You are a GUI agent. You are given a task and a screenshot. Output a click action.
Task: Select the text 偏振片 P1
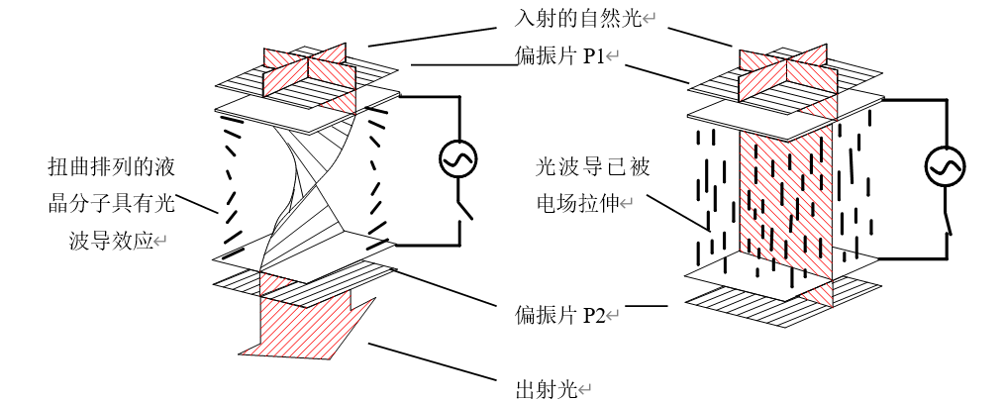coord(560,56)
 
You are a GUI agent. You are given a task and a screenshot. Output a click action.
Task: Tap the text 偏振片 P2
coord(560,316)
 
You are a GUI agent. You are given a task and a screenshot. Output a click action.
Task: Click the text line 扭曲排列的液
coord(110,164)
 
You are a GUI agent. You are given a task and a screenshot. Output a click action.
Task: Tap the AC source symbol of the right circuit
coord(945,168)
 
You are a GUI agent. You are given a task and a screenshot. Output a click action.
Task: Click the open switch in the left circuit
coord(461,209)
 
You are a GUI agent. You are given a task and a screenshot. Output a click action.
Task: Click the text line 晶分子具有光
coord(110,203)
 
